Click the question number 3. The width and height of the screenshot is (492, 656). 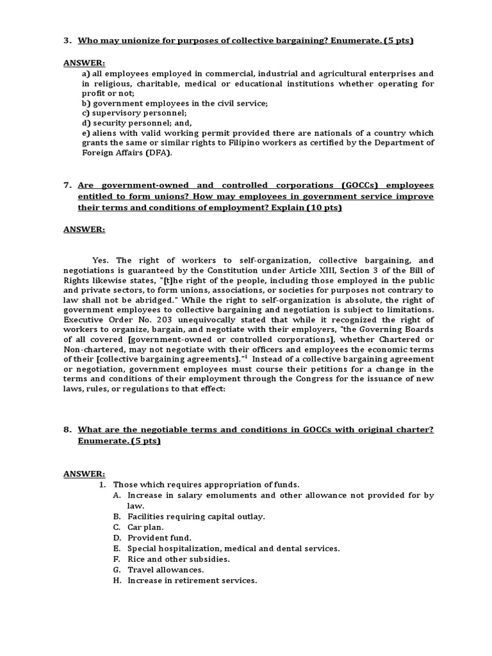66,42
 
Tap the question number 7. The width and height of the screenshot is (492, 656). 66,185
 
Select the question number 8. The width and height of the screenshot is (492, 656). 66,430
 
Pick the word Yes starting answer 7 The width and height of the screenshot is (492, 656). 101,260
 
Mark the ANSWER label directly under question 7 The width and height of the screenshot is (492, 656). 83,229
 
